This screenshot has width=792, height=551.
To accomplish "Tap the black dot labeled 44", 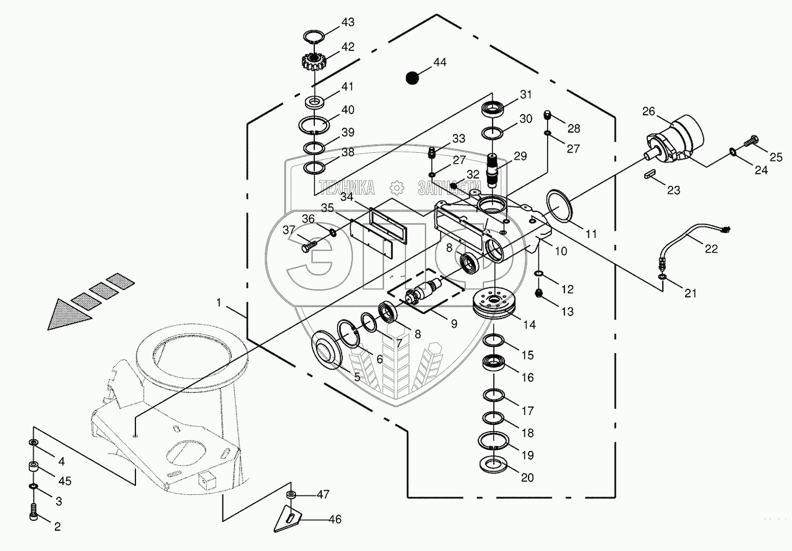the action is (412, 78).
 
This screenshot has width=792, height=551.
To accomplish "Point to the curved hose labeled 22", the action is (693, 245).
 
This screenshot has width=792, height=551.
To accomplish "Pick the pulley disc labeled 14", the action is (494, 304).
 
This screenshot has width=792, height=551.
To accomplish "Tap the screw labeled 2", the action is (33, 512).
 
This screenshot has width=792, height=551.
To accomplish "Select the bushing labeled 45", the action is (34, 467).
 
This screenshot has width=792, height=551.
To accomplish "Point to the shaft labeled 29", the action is (493, 170).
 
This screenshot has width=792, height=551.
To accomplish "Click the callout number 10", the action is (561, 251).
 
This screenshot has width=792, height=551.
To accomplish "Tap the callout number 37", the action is (289, 230).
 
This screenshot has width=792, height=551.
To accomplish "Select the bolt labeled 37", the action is (309, 245).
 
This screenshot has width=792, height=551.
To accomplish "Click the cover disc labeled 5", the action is (327, 346).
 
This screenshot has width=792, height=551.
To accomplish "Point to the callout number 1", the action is (218, 303).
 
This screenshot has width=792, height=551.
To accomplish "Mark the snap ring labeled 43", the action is (314, 36).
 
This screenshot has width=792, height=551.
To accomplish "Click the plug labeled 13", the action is (538, 293).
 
